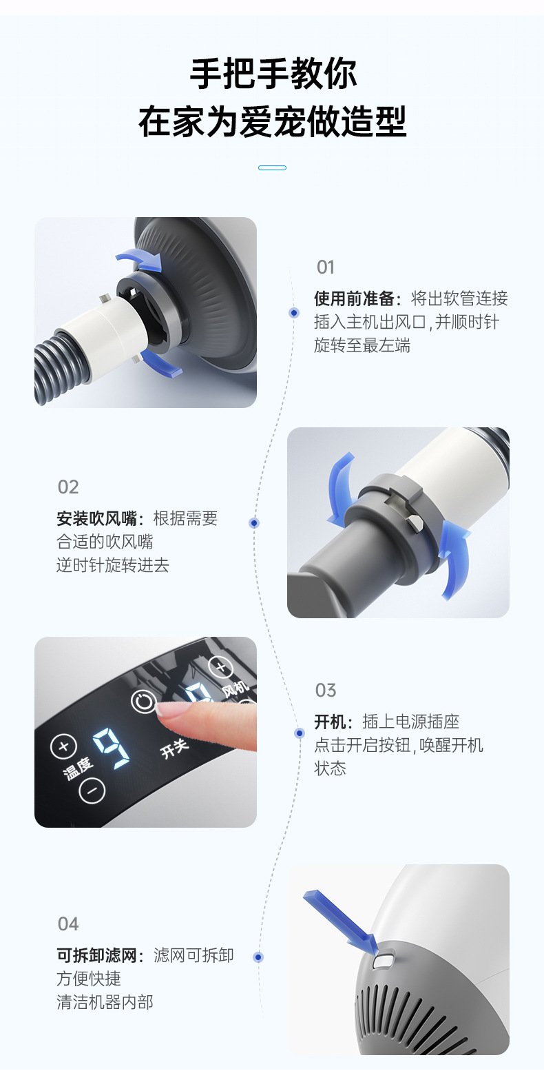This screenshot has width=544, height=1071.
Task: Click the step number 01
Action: click(x=326, y=267)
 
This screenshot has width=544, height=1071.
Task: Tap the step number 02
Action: click(x=68, y=487)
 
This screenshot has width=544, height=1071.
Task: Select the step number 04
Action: click(x=68, y=924)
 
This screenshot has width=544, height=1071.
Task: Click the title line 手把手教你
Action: click(x=273, y=74)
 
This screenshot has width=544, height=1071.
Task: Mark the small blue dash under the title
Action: click(x=272, y=167)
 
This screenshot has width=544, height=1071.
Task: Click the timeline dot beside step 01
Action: click(x=294, y=313)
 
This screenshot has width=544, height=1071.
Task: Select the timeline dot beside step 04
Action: click(x=258, y=957)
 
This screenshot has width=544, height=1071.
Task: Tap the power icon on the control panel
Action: click(x=143, y=702)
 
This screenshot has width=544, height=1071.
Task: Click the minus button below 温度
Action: click(x=92, y=790)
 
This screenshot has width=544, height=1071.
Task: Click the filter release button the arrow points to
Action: click(x=382, y=961)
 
